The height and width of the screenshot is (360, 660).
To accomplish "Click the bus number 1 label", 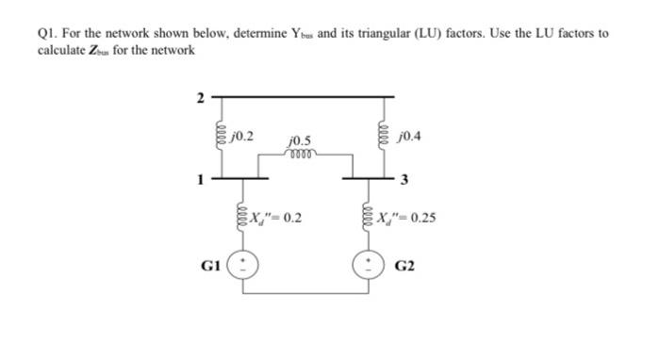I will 199,176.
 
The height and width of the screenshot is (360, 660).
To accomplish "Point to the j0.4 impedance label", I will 412,135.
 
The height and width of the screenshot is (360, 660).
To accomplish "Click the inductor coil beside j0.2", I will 221,137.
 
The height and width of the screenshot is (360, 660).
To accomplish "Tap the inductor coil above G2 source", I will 368,219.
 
